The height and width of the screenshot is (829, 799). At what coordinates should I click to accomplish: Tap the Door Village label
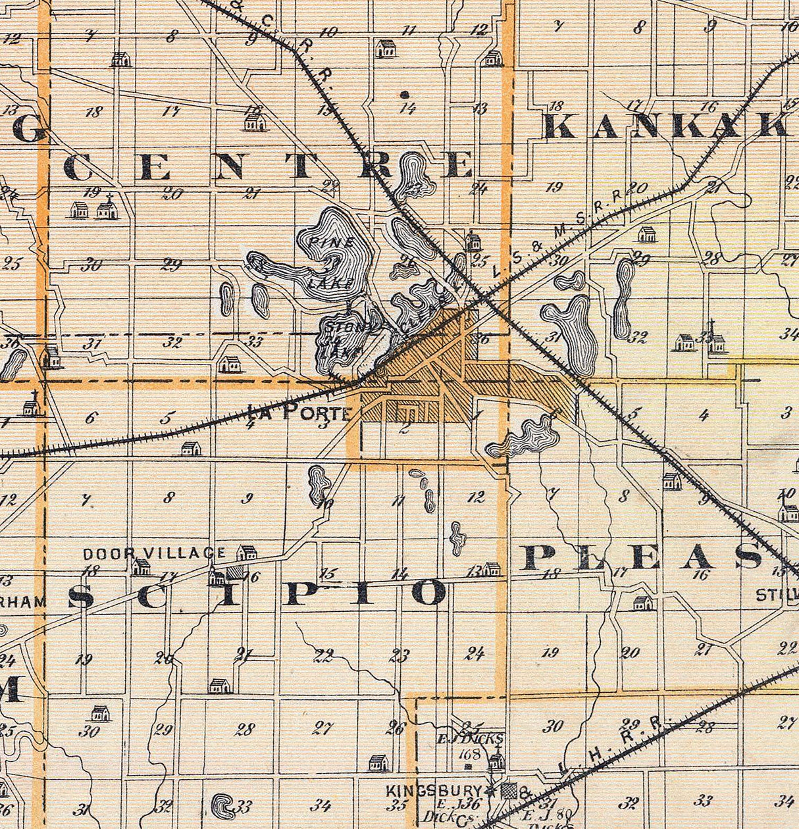154,554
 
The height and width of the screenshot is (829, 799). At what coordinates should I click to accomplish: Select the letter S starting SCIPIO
81,596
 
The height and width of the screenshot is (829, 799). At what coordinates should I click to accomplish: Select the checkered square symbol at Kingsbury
508,791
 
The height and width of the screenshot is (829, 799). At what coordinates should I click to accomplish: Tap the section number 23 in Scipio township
399,655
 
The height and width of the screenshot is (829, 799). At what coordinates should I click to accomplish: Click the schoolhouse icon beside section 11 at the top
385,48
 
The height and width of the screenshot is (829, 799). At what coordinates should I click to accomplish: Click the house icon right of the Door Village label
247,553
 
